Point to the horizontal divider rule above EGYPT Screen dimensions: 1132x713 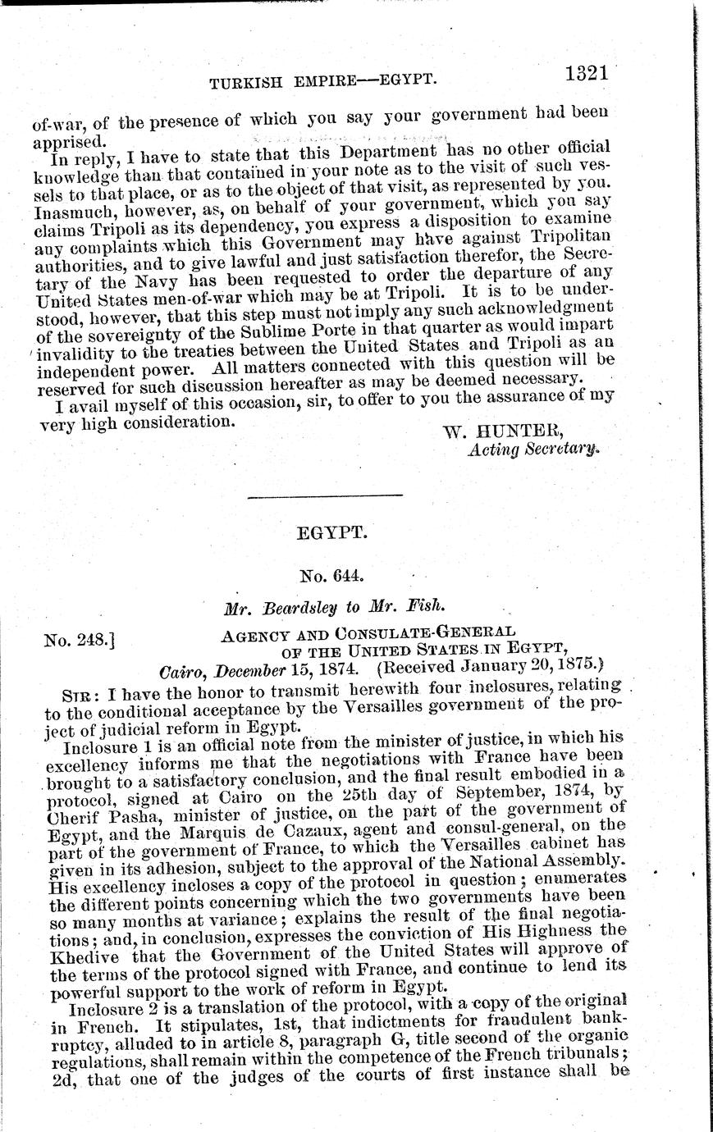[x=325, y=495]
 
